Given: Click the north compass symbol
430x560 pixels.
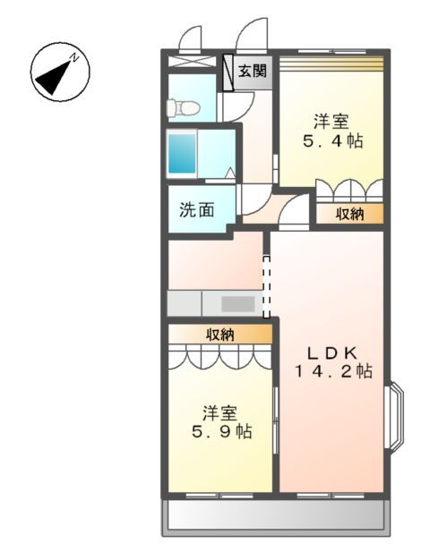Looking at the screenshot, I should pos(59,72).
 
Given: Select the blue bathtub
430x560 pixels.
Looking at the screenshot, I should pos(182,154).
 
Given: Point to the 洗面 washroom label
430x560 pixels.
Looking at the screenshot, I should pos(197,210).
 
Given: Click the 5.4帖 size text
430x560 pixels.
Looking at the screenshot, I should pos(331,140).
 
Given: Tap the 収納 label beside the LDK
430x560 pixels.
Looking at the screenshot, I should pos(349,214).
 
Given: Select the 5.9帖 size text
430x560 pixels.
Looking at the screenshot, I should pos(219,432).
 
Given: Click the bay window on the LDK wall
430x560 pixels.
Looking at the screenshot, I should pos(394,416).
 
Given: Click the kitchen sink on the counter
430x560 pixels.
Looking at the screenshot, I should pos(238,302).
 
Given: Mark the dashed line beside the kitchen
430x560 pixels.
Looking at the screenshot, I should pos(265,285).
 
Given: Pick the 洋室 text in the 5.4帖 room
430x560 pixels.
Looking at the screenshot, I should pos(331,121).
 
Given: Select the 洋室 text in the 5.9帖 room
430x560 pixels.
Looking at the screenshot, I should pos(219,412).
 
